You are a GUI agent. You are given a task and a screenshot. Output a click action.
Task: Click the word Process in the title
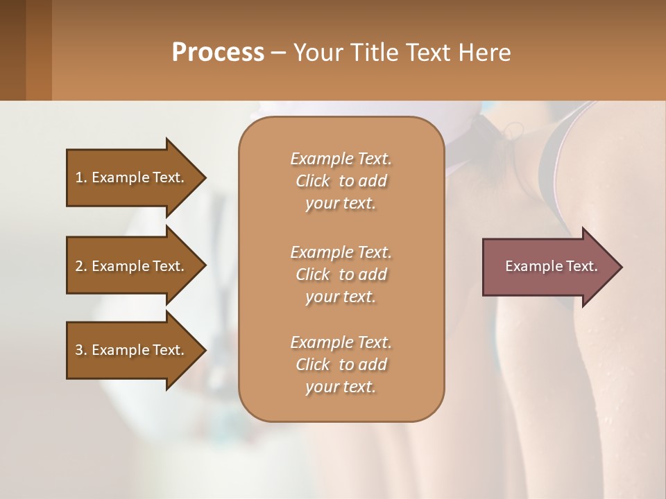click(x=218, y=53)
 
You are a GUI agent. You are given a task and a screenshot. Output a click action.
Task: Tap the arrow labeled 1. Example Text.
click(x=132, y=177)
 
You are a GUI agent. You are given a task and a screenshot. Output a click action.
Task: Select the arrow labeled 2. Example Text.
click(x=132, y=266)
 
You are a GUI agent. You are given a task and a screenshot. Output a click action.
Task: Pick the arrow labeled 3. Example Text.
click(x=132, y=350)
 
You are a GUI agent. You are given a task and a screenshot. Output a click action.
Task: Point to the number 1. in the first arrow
click(x=81, y=177)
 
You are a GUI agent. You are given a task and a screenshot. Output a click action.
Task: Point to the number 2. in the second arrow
click(x=81, y=266)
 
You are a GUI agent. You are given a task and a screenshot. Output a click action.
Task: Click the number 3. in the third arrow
click(x=81, y=350)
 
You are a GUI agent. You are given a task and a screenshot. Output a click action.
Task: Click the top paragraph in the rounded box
click(x=341, y=181)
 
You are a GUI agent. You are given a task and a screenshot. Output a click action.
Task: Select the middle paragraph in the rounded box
click(x=341, y=274)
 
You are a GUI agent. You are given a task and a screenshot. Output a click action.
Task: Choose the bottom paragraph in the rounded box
click(x=341, y=365)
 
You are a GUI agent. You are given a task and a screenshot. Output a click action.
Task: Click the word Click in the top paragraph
click(x=313, y=181)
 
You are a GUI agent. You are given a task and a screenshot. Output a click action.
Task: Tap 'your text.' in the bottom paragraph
click(x=341, y=387)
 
